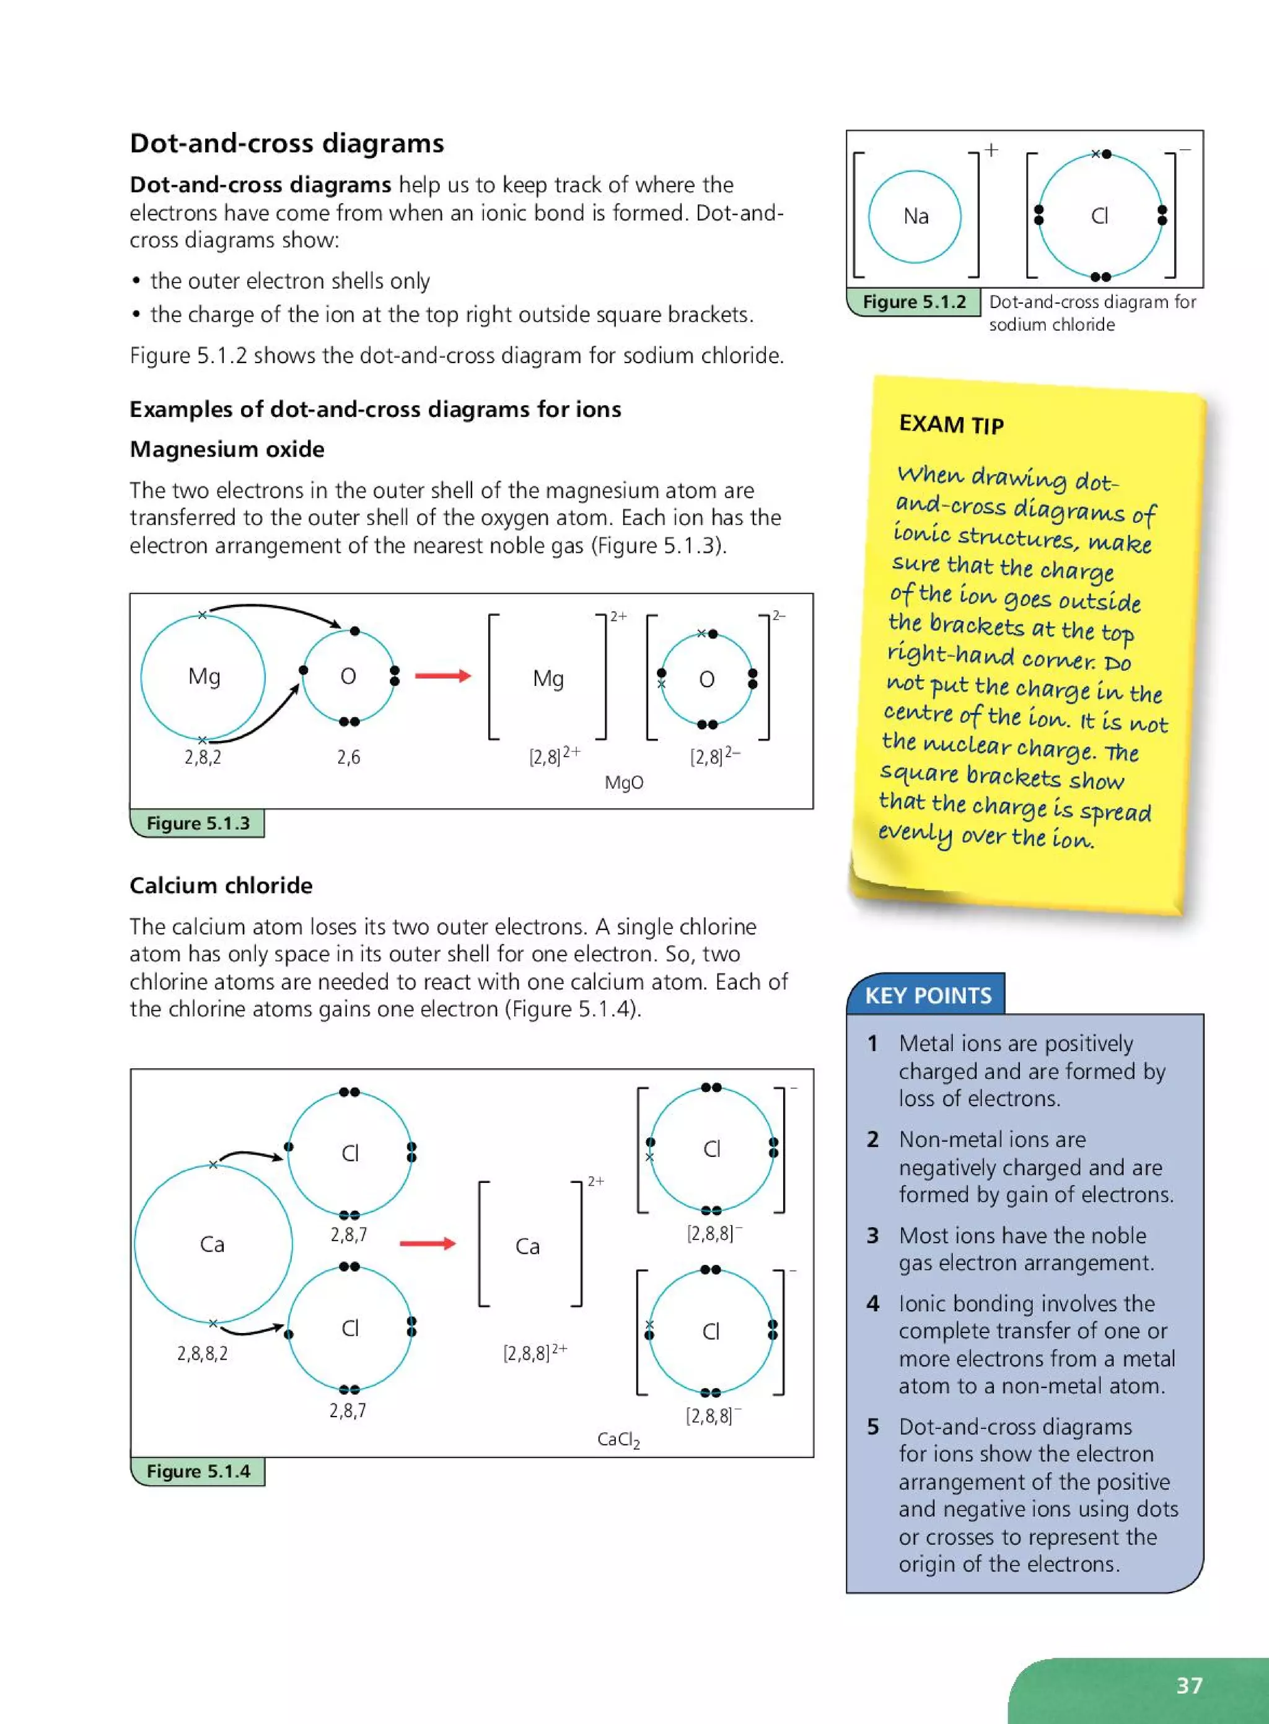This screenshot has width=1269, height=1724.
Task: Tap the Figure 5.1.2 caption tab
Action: tap(913, 302)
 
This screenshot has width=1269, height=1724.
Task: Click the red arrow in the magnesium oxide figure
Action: tap(442, 676)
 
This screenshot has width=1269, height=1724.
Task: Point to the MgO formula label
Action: tap(624, 783)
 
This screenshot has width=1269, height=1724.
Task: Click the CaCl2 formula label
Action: tap(618, 1440)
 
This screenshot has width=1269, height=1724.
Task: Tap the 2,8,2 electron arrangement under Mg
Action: tap(202, 757)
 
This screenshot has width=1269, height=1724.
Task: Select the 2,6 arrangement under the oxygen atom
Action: tap(348, 757)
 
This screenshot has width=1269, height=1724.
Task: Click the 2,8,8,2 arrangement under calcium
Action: tap(202, 1353)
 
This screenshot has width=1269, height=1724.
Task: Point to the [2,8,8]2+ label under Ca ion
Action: tap(535, 1352)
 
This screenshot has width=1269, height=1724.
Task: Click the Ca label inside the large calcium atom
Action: tap(212, 1244)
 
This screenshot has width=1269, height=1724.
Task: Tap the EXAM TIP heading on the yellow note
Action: tap(951, 424)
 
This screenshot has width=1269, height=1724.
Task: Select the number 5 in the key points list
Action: tap(872, 1427)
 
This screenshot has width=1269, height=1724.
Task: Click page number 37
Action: tap(1188, 1686)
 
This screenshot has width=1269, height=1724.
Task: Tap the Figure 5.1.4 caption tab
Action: tap(198, 1471)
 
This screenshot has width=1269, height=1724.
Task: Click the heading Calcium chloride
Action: tap(221, 885)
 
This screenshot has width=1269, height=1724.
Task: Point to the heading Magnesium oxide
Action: tap(227, 449)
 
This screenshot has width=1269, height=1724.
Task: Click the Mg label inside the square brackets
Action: tap(548, 679)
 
